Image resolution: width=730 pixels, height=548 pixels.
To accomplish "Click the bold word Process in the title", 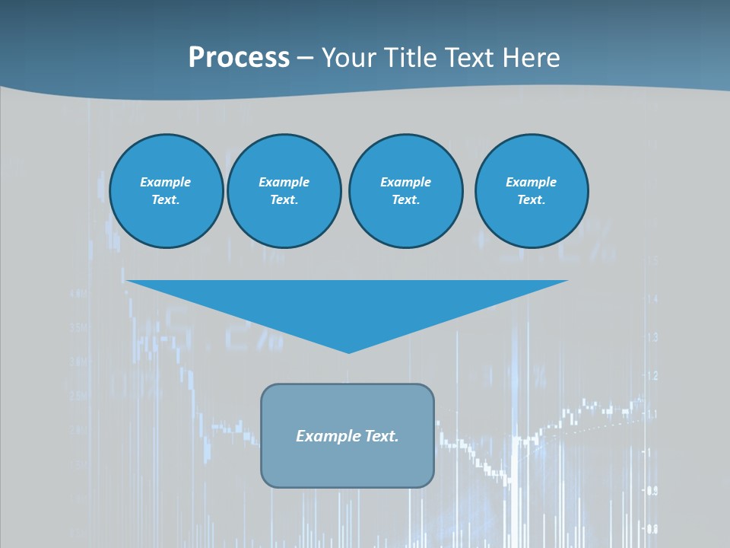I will [x=239, y=58].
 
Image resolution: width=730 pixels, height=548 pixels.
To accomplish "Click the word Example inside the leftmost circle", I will [x=166, y=182].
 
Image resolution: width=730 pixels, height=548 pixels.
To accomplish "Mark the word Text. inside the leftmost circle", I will [x=166, y=200].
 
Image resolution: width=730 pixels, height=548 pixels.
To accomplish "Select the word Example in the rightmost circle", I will [x=531, y=182].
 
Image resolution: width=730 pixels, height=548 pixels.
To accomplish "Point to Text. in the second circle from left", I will [x=284, y=200].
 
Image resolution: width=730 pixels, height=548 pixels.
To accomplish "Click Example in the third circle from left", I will [x=405, y=182].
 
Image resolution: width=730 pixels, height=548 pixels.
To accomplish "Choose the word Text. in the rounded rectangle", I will [x=382, y=436].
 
